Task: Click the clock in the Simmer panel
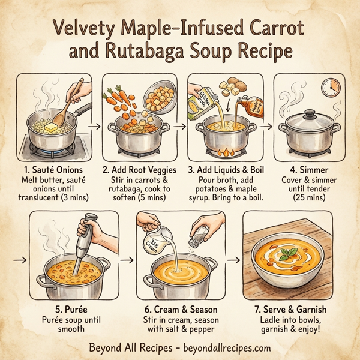[329, 88]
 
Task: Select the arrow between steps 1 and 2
[93, 126]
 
